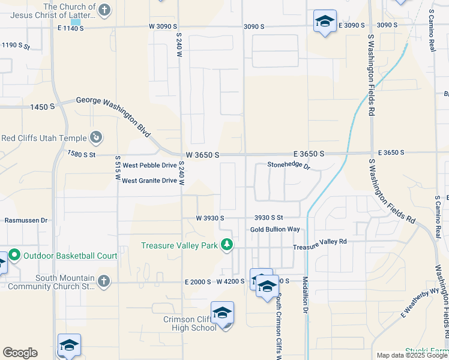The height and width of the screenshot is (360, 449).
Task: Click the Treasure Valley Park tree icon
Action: pos(227,245)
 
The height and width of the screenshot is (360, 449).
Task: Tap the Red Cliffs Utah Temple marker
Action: pos(96,138)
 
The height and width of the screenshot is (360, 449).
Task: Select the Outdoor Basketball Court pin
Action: pos(15,256)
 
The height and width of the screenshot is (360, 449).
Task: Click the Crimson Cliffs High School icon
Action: pos(222,313)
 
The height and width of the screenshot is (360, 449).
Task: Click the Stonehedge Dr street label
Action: pos(288,166)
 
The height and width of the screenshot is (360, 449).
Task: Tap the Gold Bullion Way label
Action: pos(275,230)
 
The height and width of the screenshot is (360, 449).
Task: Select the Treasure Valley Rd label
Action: pos(320,241)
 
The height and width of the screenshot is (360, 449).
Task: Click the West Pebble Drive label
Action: pos(150,165)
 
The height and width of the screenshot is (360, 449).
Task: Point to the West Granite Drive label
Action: pos(149,181)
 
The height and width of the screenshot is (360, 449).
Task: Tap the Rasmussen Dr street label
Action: pos(26,220)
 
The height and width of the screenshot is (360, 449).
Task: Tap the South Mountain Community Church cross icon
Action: pos(103,280)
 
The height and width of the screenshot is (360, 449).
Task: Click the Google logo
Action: pos(20,353)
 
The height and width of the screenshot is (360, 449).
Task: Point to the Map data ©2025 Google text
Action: pos(412,355)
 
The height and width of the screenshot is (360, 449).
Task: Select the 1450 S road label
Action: pos(43,107)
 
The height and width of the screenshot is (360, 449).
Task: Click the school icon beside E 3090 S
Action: pos(325,22)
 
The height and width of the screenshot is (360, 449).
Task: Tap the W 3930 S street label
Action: pos(209,218)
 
